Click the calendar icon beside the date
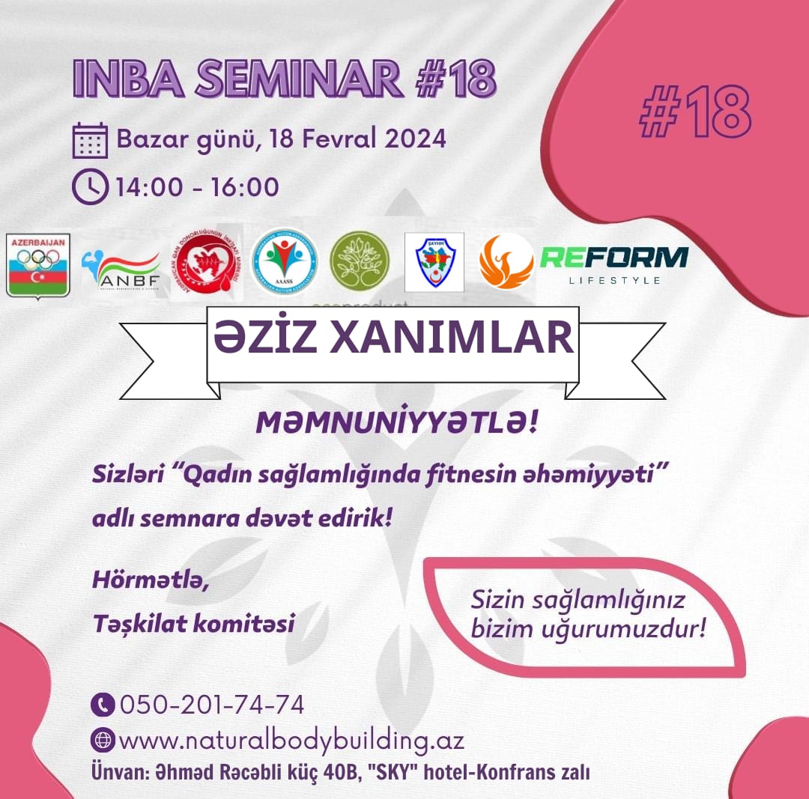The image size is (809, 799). [x=90, y=140]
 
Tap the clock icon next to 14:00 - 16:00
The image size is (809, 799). [x=90, y=186]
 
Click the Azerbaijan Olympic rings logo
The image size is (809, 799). [x=37, y=264]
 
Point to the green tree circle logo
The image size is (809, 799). [x=360, y=261]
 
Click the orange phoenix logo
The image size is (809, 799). [x=506, y=261]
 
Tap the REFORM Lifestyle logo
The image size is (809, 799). [x=614, y=264]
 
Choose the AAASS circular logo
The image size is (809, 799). [x=284, y=261]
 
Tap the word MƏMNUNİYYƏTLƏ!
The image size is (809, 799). [x=396, y=424]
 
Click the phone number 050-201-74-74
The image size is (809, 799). [x=211, y=705]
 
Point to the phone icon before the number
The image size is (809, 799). [x=103, y=705]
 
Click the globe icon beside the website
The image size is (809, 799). [x=103, y=741]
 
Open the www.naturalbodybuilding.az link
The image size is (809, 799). [x=291, y=741]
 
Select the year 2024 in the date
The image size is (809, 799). [x=410, y=139]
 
